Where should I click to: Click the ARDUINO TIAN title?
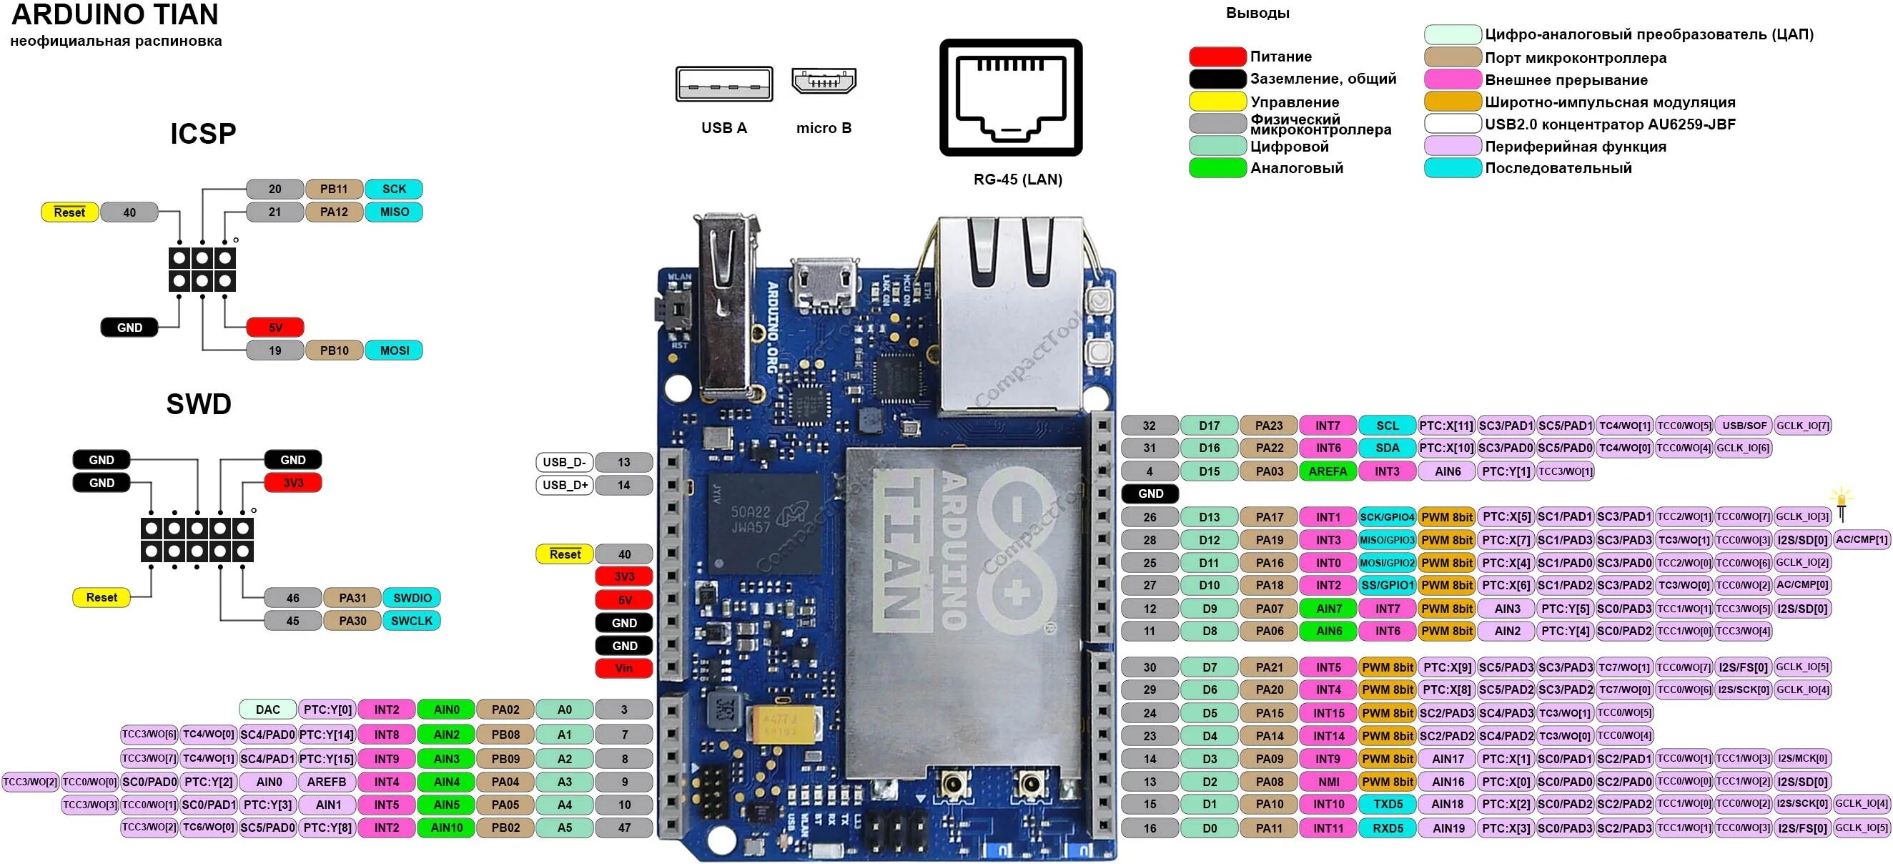tap(115, 15)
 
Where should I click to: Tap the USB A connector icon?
tap(724, 84)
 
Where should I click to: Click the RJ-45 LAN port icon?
tap(1010, 97)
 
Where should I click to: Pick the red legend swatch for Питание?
tap(1217, 57)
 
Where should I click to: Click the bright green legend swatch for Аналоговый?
tap(1217, 167)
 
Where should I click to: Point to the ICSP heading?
tap(203, 134)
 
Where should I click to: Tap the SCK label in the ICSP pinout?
tap(394, 189)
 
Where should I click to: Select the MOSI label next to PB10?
tap(394, 350)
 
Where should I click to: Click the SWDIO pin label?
tap(412, 598)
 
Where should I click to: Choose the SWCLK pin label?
tap(412, 621)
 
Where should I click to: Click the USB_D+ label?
tap(564, 486)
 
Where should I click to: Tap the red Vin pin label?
tap(624, 669)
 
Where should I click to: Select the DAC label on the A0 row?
tap(267, 710)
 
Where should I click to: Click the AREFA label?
tap(1328, 471)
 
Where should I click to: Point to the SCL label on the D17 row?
tap(1388, 426)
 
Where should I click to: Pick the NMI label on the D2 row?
tap(1328, 782)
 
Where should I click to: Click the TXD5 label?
tap(1388, 805)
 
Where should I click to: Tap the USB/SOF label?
tap(1744, 426)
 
